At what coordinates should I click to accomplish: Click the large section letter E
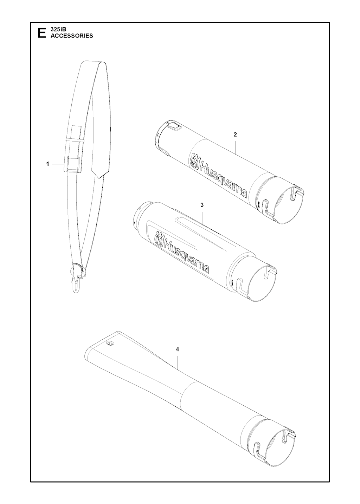42,33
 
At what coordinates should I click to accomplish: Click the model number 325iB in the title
58,29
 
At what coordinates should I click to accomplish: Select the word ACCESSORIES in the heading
72,35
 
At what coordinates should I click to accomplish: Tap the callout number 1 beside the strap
47,164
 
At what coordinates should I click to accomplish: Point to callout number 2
236,135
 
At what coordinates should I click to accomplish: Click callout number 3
202,205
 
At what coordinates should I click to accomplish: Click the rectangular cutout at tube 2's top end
175,127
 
